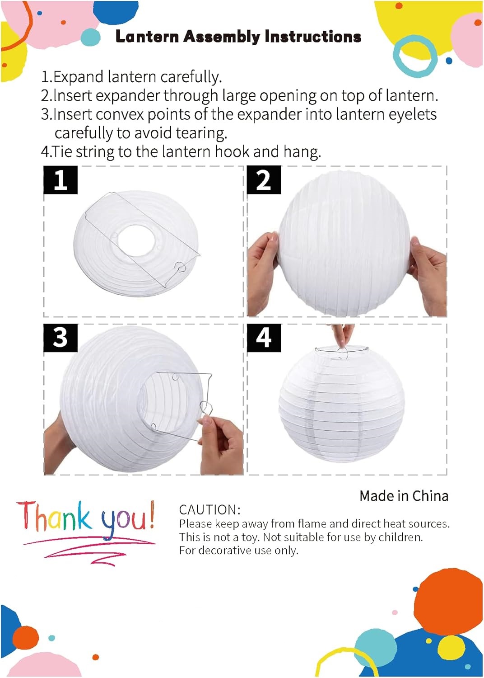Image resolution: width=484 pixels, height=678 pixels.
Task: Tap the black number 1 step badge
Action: pos(60,180)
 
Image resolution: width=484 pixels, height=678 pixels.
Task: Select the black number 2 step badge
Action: pos(264,180)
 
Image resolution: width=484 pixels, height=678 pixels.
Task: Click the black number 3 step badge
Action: pos(60,338)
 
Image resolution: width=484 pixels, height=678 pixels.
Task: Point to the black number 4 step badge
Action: pos(264,338)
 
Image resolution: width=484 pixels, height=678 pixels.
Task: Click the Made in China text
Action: pos(404,496)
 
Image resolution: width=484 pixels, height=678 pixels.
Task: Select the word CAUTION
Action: pos(209,510)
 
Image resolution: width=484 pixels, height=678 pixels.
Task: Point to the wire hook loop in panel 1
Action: pos(181,266)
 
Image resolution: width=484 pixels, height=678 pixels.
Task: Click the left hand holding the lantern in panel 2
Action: pos(262,268)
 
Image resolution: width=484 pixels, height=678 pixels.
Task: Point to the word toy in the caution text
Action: pos(250,537)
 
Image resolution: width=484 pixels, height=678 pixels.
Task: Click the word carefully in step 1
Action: pos(191,77)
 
